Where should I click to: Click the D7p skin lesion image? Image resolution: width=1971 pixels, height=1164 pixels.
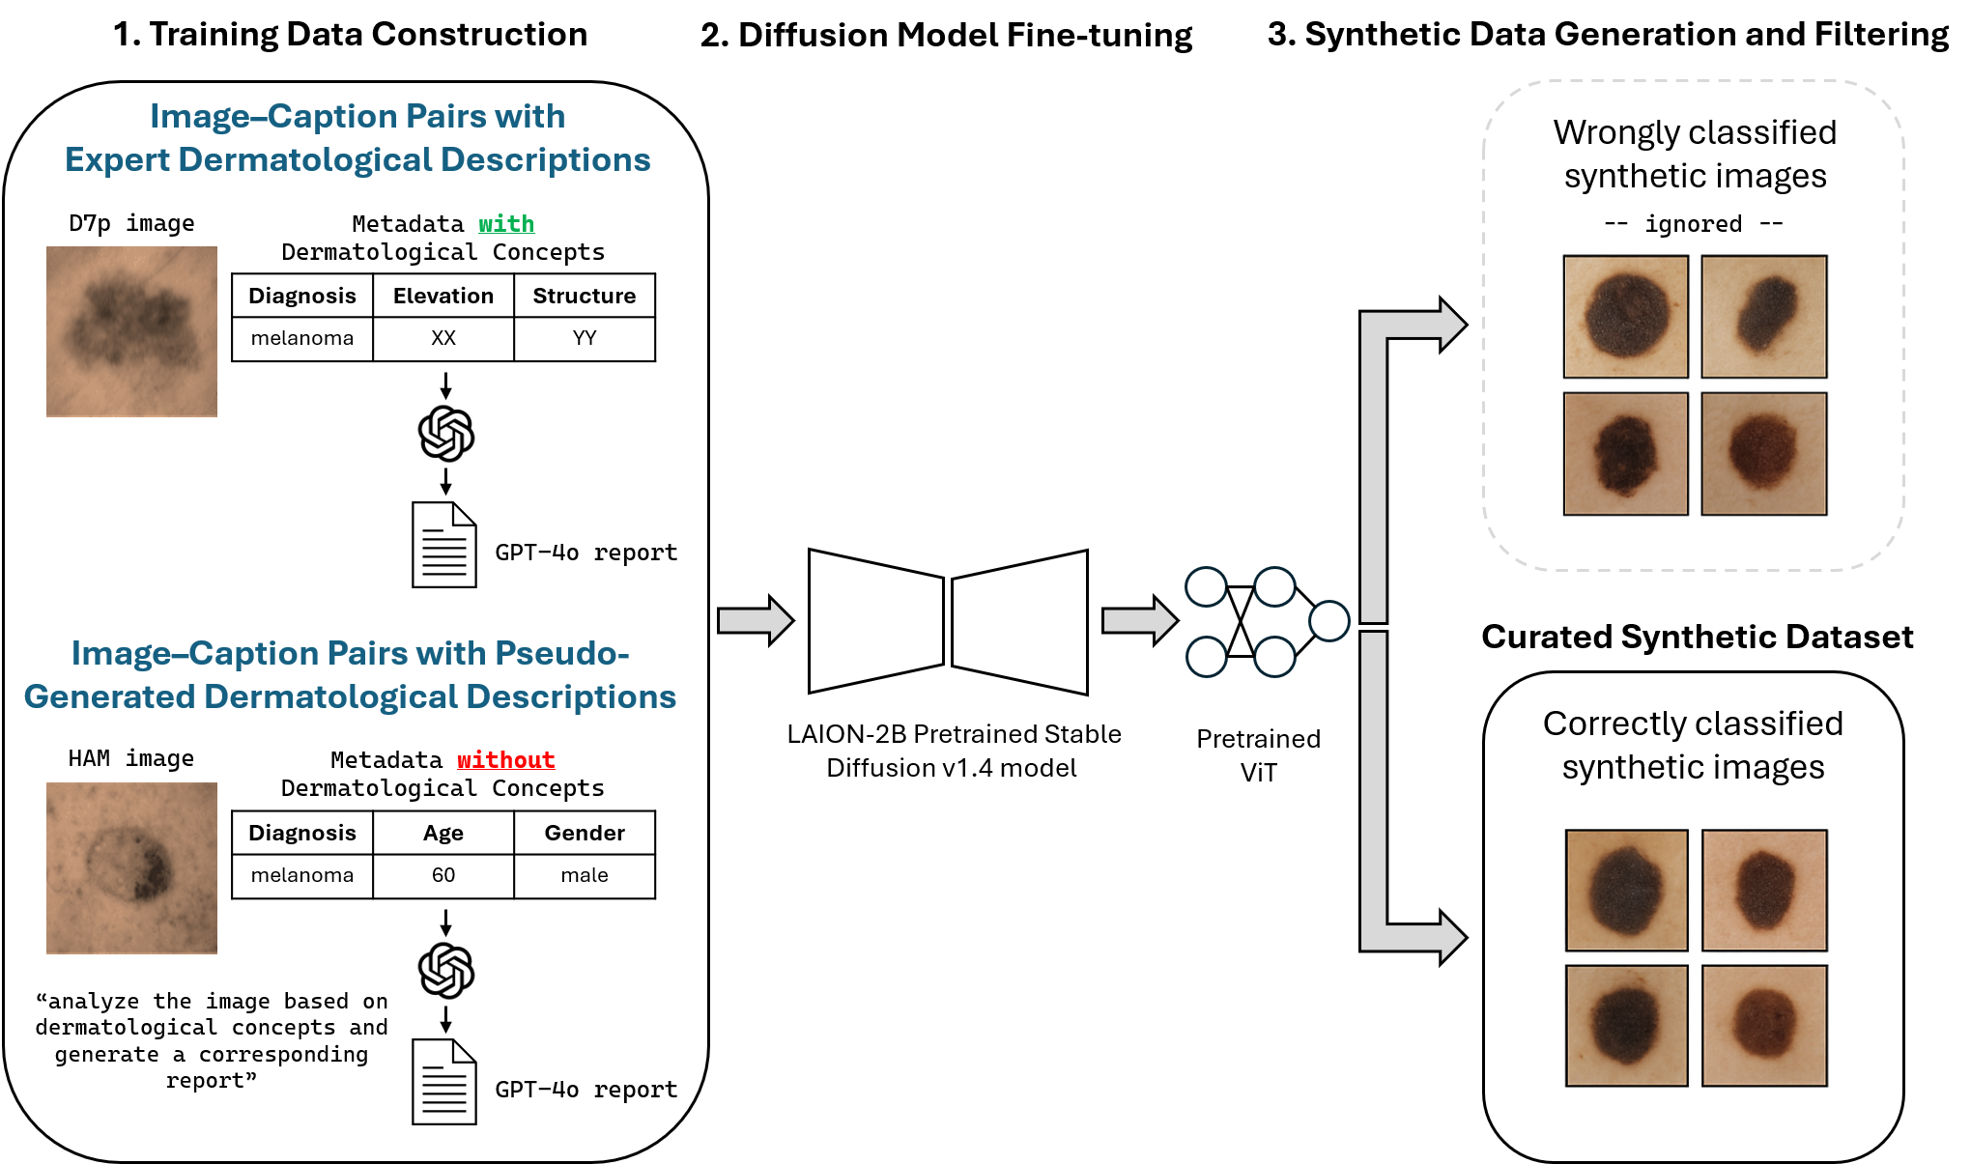(131, 331)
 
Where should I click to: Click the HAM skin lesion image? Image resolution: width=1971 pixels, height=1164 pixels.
(131, 868)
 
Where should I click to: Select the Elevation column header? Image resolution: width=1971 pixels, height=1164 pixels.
(443, 296)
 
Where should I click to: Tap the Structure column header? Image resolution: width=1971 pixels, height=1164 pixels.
(585, 296)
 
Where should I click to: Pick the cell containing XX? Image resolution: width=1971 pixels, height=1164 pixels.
(443, 338)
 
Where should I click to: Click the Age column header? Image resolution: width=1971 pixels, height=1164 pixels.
(443, 833)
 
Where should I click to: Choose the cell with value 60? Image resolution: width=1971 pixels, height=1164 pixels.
(443, 875)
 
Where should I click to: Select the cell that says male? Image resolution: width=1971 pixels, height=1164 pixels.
(585, 875)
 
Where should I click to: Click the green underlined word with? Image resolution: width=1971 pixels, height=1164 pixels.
(506, 224)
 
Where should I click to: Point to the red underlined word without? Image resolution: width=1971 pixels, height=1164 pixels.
(506, 760)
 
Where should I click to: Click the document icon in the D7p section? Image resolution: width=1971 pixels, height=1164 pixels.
(444, 545)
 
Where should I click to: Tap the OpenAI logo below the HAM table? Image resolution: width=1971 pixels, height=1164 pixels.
(446, 971)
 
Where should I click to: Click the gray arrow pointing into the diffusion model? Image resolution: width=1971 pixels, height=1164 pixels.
(756, 620)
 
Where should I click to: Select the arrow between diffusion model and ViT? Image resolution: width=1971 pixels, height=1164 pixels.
(1140, 620)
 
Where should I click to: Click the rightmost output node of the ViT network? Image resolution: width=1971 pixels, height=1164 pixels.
(1329, 621)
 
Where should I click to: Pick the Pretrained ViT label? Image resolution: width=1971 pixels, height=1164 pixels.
(1259, 755)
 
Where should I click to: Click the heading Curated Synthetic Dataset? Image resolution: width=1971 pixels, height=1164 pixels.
(1698, 638)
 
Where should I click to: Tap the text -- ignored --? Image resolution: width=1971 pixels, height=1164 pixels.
(1694, 224)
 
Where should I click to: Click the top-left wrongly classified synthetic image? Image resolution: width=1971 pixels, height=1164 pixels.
(1626, 317)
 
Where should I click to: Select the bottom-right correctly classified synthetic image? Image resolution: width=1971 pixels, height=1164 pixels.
(1764, 1026)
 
